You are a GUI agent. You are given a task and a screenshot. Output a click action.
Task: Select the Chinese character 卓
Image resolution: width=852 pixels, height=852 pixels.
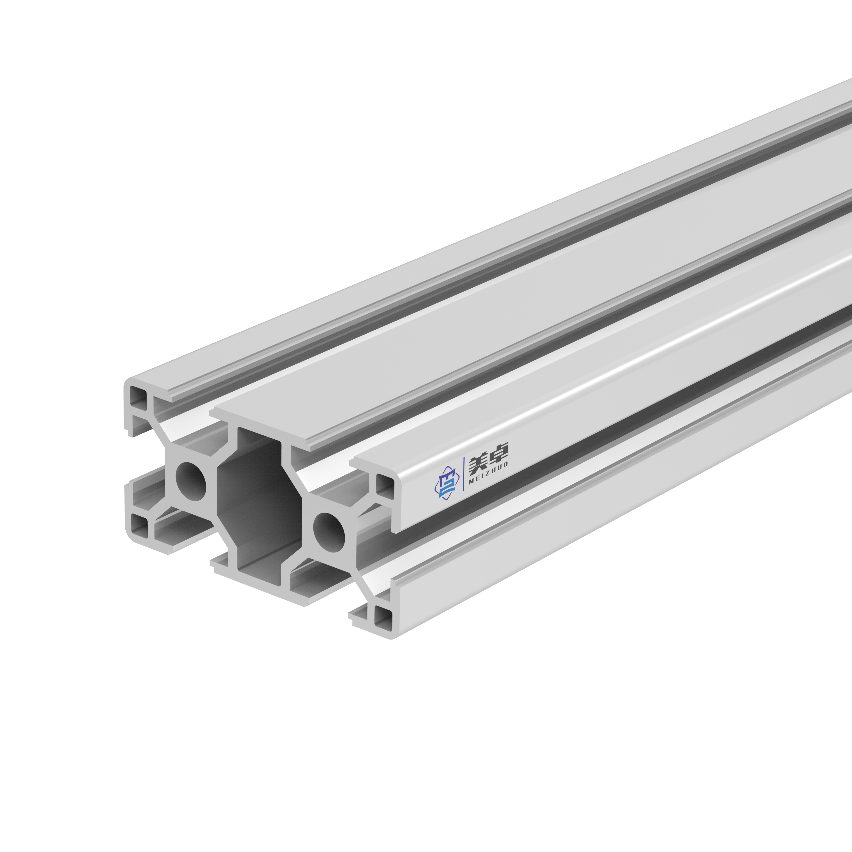click(499, 452)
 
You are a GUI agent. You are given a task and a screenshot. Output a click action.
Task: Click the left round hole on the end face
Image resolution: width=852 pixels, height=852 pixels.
click(191, 481)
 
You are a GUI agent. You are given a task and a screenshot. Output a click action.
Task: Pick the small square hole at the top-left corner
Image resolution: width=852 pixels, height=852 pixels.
click(137, 397)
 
